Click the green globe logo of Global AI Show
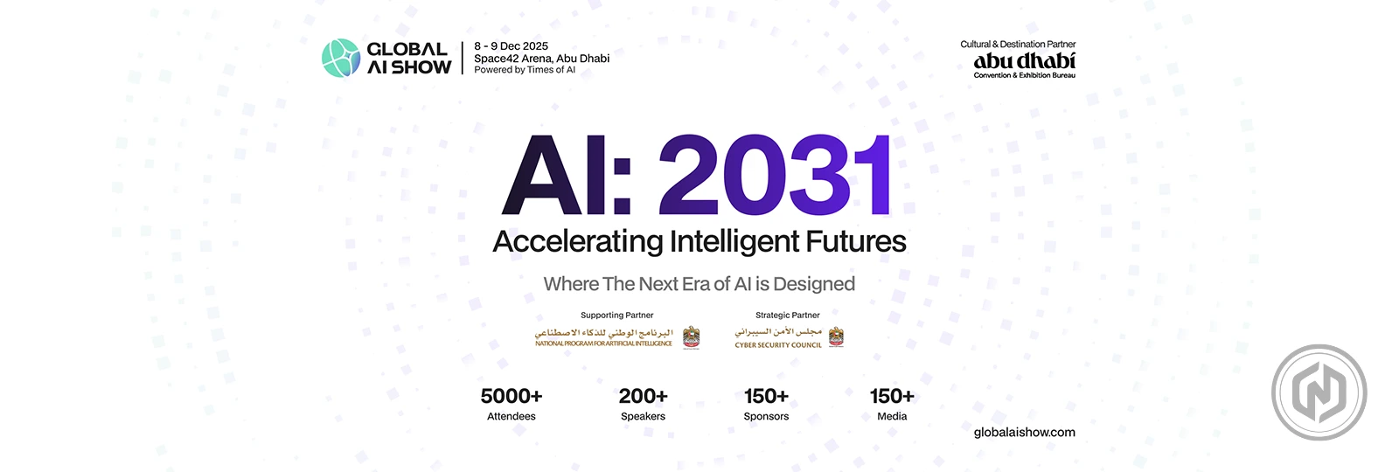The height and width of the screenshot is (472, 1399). [340, 58]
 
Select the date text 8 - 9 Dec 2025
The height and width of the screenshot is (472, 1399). [511, 46]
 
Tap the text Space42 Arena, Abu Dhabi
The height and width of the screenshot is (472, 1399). [541, 59]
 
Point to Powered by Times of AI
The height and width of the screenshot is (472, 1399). [525, 70]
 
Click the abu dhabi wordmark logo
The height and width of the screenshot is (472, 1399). [1024, 61]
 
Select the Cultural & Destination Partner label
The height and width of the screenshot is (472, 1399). [1018, 45]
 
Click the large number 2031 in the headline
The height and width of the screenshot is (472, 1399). [775, 175]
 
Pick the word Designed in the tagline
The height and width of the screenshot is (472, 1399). [813, 284]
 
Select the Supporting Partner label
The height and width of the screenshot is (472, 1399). [616, 316]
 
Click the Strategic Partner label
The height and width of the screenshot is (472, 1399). [787, 316]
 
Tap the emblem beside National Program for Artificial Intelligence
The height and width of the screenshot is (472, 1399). [691, 337]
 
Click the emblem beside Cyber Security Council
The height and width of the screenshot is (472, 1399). [836, 337]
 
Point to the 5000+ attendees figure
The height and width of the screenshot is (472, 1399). [512, 396]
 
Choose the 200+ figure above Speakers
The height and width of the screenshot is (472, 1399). [643, 396]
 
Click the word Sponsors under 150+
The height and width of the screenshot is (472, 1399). [766, 417]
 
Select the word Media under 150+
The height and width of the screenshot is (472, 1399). [892, 417]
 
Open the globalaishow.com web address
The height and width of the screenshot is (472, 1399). [1024, 433]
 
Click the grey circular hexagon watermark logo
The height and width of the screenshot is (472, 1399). [1319, 392]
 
